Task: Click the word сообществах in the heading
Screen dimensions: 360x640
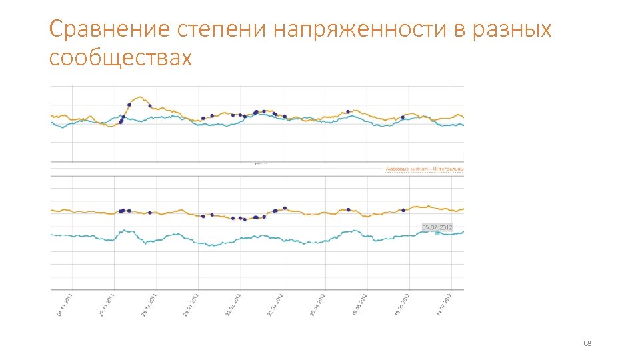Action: [120, 58]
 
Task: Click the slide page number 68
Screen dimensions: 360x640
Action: [587, 343]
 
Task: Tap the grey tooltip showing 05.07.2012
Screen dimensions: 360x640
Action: [437, 227]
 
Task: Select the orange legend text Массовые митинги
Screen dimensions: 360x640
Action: [407, 169]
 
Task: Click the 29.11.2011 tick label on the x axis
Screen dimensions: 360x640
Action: [107, 305]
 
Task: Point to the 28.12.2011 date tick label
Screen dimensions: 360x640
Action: [150, 305]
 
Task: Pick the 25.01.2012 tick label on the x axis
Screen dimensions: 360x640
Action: [193, 305]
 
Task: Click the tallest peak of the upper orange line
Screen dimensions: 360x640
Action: [139, 97]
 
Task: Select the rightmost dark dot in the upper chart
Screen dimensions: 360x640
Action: [403, 118]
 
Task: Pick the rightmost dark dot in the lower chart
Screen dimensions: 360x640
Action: [403, 210]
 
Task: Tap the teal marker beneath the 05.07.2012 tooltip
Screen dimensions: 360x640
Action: [437, 233]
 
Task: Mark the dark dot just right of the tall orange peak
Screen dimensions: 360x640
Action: [149, 105]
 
